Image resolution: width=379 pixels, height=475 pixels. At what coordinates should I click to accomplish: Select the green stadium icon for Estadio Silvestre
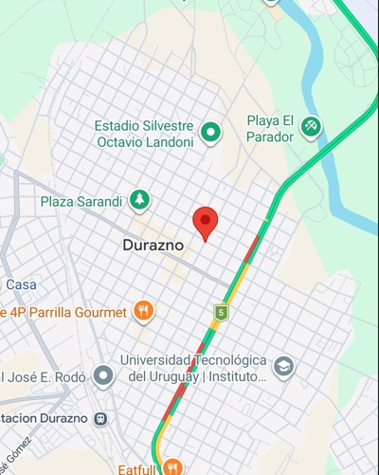pyautogui.click(x=211, y=134)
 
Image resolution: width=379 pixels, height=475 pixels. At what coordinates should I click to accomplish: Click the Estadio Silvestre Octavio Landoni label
pyautogui.click(x=145, y=134)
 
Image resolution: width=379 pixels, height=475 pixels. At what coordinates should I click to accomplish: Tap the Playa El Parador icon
pyautogui.click(x=311, y=125)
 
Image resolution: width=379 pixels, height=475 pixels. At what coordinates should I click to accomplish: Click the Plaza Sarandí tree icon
pyautogui.click(x=140, y=200)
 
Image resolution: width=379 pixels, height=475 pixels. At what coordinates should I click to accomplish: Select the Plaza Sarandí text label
pyautogui.click(x=81, y=202)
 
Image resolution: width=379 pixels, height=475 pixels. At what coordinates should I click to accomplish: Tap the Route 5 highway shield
pyautogui.click(x=222, y=311)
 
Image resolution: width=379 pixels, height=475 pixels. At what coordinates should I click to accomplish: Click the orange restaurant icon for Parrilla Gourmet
pyautogui.click(x=143, y=310)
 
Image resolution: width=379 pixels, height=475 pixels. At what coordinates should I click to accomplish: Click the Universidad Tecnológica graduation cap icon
pyautogui.click(x=282, y=367)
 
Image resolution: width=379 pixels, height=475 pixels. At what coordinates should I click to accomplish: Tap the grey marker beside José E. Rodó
pyautogui.click(x=103, y=376)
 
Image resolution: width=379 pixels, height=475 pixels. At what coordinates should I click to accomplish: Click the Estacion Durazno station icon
pyautogui.click(x=100, y=418)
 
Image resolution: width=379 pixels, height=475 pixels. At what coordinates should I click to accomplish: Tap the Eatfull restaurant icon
pyautogui.click(x=172, y=466)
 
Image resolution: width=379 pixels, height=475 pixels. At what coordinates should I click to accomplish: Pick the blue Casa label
pyautogui.click(x=21, y=284)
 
